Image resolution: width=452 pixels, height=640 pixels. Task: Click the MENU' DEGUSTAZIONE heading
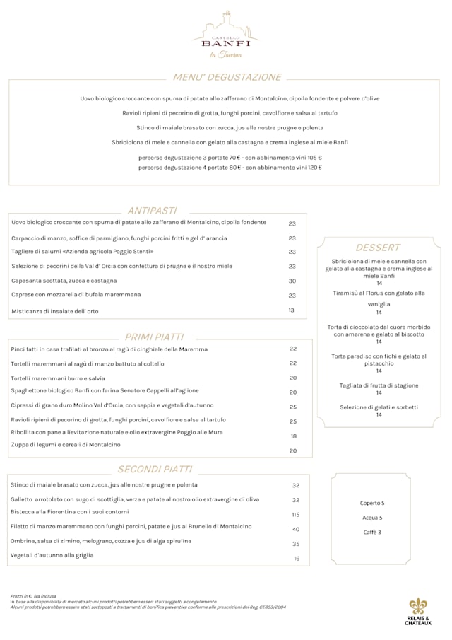227,77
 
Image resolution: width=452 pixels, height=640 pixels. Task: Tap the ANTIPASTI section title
152,210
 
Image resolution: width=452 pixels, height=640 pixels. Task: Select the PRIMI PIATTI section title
154,337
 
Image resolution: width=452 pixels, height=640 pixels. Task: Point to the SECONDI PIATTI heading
155,469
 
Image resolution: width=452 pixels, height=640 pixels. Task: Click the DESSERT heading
378,248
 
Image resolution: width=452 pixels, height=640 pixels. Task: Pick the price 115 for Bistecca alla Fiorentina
295,515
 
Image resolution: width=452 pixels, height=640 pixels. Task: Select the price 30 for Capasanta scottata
292,281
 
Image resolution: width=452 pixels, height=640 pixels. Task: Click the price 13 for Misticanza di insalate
291,310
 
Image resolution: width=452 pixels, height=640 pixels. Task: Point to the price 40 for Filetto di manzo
295,529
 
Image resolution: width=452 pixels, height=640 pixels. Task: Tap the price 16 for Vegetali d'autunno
297,559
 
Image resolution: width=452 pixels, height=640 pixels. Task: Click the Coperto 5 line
372,503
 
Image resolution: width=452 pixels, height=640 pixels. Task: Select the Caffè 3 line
372,532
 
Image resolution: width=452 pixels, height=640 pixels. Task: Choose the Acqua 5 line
372,518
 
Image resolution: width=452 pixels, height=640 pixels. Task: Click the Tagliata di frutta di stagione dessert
379,385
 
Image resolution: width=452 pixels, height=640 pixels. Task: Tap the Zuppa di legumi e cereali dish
66,444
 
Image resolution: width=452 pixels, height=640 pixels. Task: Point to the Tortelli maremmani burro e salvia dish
58,378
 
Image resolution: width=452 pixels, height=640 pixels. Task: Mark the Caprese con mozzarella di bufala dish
76,294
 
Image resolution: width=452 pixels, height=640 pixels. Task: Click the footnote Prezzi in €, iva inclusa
34,596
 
